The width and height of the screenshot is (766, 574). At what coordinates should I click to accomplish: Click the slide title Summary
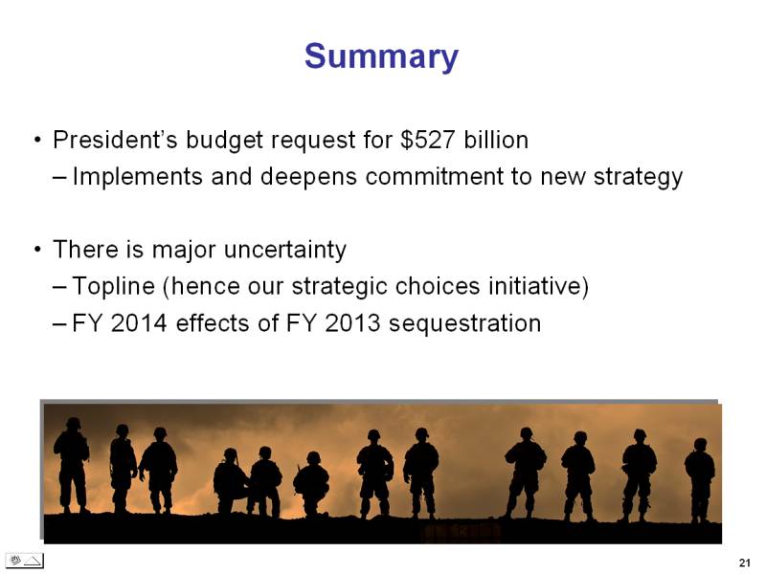tap(381, 57)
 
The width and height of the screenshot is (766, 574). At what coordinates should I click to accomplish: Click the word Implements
tap(137, 177)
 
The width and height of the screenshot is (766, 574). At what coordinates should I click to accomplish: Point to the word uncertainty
tap(284, 250)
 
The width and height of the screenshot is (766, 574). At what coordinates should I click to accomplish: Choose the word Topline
tap(113, 286)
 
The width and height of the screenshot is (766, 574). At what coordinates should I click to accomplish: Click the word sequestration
tap(464, 323)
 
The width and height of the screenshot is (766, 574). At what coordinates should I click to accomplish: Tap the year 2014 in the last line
tap(139, 323)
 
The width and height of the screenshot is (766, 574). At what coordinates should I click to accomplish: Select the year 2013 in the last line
tap(352, 323)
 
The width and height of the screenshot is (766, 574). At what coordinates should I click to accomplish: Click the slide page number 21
tap(745, 563)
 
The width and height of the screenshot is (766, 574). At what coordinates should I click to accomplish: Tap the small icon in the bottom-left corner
tap(26, 561)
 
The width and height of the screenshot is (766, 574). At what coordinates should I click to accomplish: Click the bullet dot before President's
tap(37, 141)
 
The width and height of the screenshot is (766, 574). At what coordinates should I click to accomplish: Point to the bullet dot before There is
tap(37, 250)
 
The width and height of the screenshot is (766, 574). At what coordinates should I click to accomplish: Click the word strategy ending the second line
tap(638, 177)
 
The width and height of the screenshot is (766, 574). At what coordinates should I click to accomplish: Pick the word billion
tap(496, 140)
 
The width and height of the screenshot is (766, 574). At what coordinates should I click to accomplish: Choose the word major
tap(184, 250)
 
